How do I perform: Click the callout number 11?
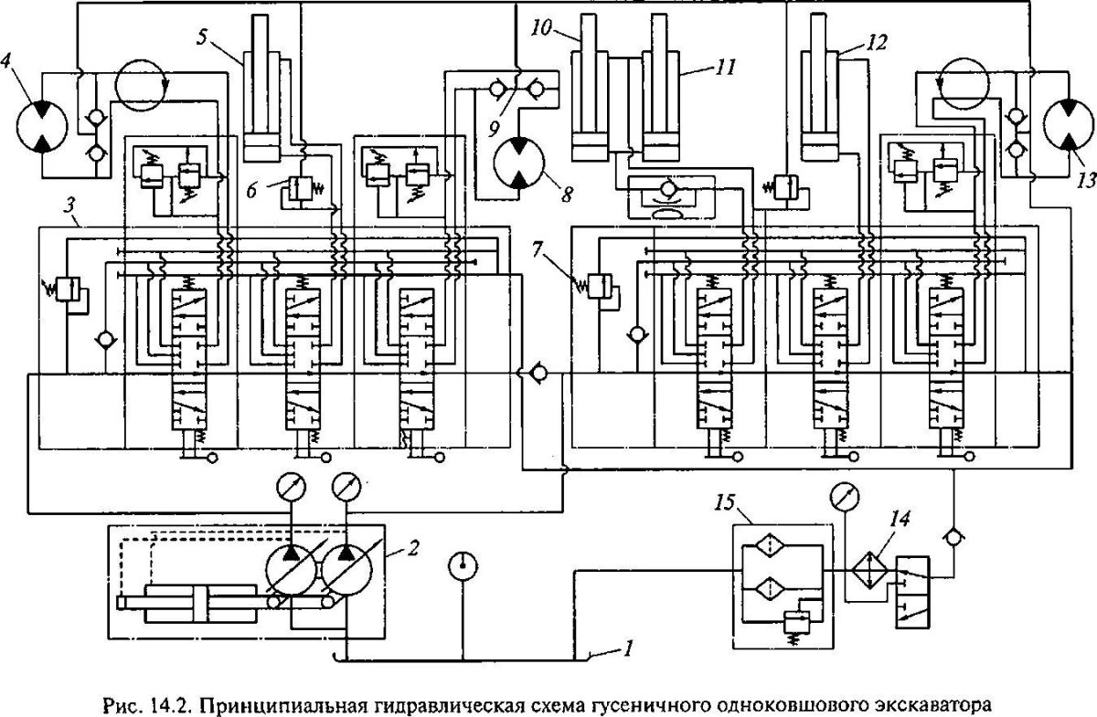[x=703, y=67]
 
